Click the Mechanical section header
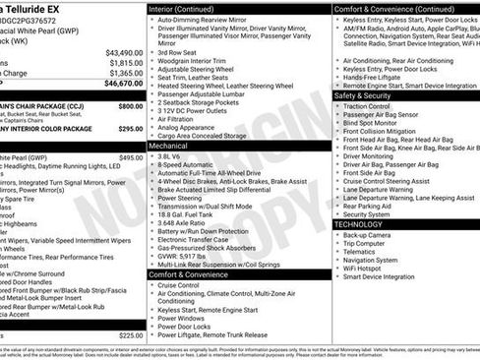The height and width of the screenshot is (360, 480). pyautogui.click(x=169, y=145)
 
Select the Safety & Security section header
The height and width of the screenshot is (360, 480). pyautogui.click(x=363, y=95)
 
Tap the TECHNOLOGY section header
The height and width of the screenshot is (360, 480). pyautogui.click(x=358, y=224)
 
